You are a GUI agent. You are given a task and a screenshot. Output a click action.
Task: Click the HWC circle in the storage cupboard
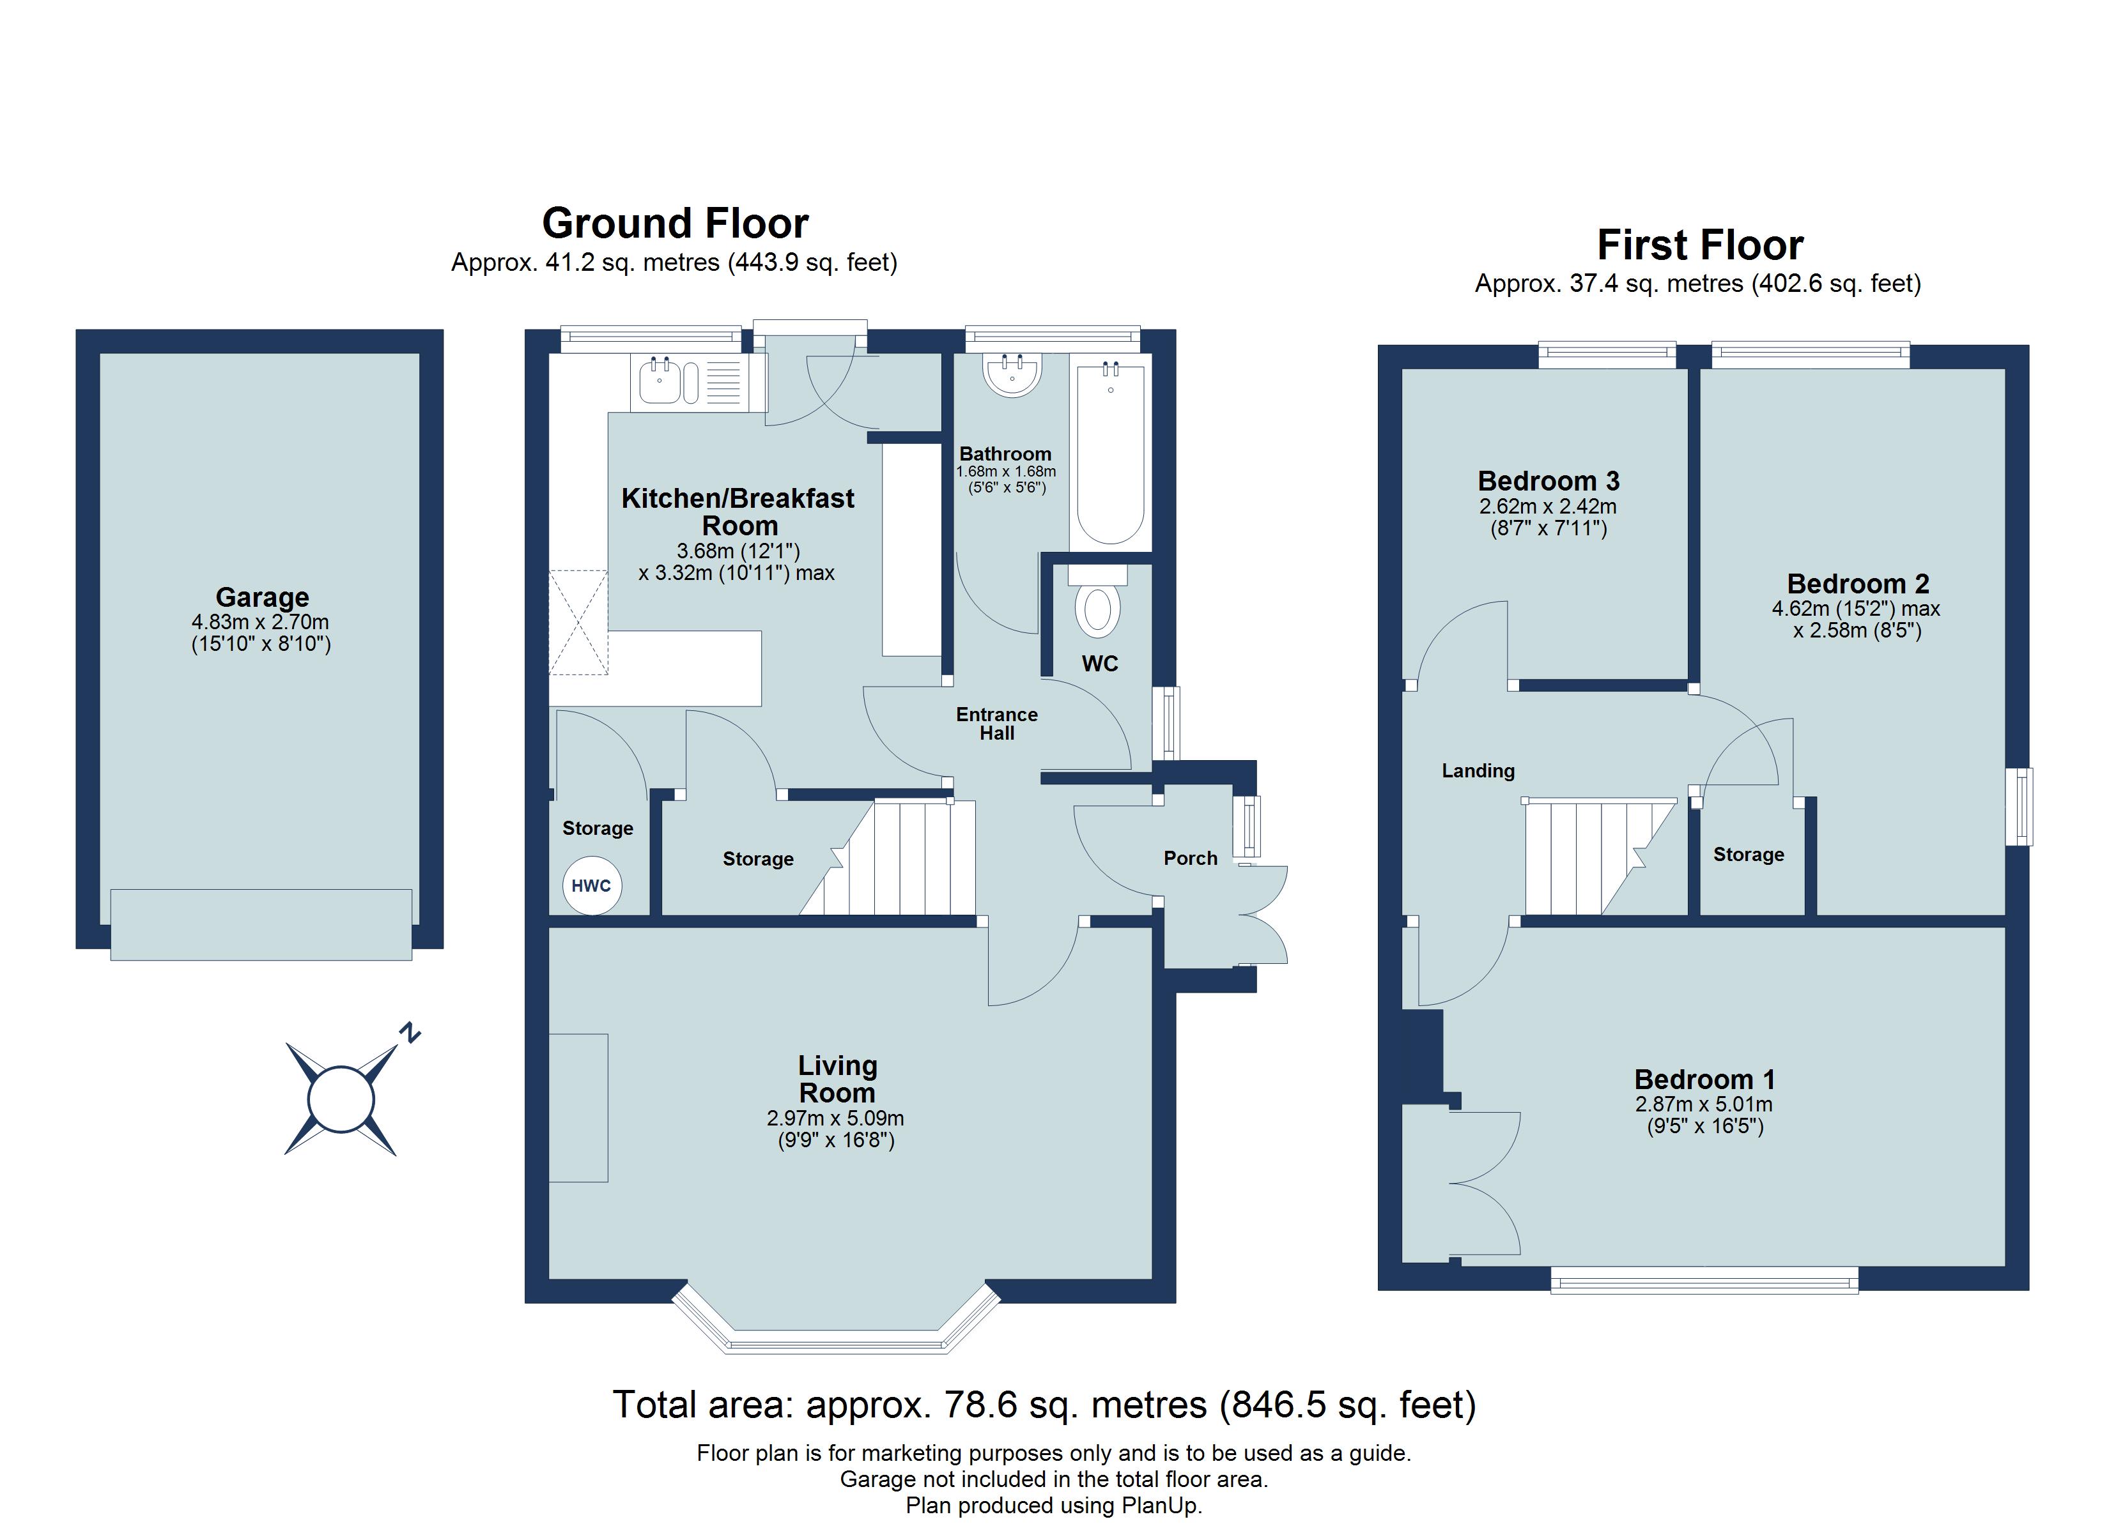pos(591,885)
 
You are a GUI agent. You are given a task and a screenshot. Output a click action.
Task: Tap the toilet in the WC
pos(1097,604)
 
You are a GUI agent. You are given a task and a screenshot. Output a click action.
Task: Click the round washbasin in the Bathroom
pos(1012,375)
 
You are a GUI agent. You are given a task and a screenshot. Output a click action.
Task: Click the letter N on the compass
pos(409,1032)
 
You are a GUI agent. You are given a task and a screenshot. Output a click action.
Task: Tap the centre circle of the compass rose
pos(341,1099)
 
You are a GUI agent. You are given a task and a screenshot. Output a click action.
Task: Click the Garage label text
pos(262,597)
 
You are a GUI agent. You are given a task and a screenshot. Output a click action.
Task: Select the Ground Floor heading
pos(675,223)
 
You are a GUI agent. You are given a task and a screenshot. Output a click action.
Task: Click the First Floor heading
pos(1700,245)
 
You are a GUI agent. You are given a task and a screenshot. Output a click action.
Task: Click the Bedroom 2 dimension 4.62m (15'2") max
pos(1855,609)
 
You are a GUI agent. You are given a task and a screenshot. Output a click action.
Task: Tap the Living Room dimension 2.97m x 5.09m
pos(835,1118)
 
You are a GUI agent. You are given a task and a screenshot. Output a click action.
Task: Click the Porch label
pos(1190,858)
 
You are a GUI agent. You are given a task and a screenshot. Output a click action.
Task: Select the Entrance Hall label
pos(997,723)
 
